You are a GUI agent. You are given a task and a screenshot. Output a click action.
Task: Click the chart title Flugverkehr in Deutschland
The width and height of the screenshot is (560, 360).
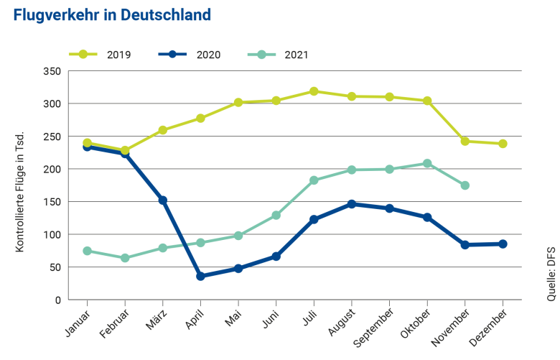click(x=112, y=15)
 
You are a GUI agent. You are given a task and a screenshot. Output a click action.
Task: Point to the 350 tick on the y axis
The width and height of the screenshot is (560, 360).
click(x=52, y=71)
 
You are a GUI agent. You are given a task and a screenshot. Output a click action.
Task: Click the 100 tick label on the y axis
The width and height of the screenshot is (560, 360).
click(x=52, y=235)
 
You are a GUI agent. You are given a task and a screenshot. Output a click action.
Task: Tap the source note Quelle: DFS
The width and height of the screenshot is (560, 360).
click(x=551, y=273)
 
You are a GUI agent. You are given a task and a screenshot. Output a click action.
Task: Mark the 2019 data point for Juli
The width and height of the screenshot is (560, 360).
click(x=314, y=91)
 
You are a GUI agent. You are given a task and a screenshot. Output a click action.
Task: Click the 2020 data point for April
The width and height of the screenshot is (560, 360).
click(x=200, y=276)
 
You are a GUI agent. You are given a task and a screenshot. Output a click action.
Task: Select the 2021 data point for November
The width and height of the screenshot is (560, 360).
click(x=465, y=185)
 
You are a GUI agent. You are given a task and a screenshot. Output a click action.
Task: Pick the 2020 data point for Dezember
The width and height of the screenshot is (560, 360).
click(x=503, y=244)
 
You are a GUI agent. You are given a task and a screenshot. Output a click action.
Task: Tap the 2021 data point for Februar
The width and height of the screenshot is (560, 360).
click(x=125, y=258)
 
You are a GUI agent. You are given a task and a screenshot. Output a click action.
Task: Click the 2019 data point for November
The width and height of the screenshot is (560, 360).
click(x=465, y=142)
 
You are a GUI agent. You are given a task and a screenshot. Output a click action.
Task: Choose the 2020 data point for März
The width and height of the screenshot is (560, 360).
click(x=163, y=200)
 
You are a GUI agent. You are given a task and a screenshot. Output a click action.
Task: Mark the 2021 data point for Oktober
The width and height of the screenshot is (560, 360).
click(x=427, y=163)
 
